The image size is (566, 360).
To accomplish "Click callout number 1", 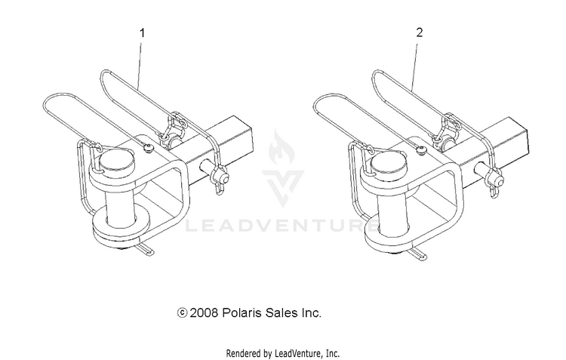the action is (142, 33).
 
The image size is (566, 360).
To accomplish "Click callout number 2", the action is (419, 32).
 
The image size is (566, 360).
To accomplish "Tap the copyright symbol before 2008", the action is (183, 312).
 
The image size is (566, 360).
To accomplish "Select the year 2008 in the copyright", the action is (204, 312).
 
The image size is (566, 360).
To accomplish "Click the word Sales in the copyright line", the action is (281, 312).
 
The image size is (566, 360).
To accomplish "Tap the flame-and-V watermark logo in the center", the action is (283, 168).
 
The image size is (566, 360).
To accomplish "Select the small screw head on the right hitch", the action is (420, 149).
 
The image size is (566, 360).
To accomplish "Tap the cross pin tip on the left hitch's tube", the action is (225, 178).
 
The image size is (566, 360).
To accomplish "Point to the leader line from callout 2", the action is (415, 67).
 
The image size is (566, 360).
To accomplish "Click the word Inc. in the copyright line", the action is (311, 312).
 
